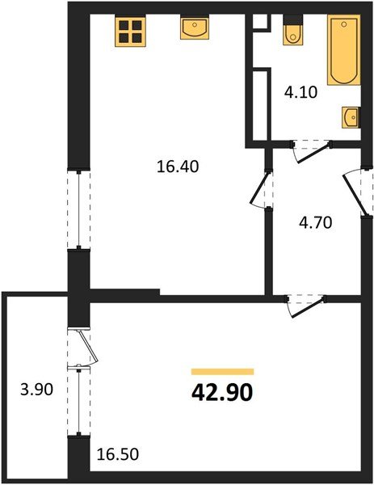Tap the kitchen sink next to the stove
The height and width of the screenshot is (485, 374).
pos(195,29)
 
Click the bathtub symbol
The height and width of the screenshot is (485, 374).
pos(344,51)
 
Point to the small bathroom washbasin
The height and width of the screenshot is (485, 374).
pos(351,118)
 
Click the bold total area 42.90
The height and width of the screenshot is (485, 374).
pos(223,394)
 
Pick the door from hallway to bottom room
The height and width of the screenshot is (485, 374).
pos(305,305)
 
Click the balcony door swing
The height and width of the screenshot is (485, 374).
pos(86,348)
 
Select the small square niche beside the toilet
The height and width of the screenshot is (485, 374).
pos(260,23)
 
